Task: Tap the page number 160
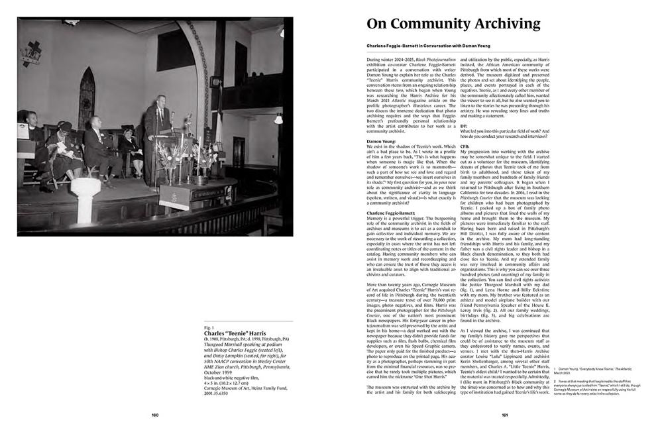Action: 154,415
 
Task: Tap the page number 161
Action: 504,415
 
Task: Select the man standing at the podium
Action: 158,136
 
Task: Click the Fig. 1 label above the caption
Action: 209,327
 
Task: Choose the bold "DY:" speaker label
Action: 464,126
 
